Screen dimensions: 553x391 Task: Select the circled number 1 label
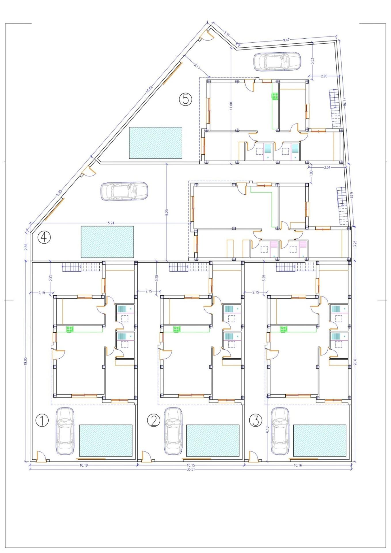[x=42, y=421]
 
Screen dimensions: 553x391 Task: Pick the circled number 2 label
[x=153, y=421]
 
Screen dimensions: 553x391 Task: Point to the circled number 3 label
[x=256, y=421]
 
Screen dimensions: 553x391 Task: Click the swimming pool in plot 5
[x=155, y=143]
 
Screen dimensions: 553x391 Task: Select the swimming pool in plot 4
[x=107, y=242]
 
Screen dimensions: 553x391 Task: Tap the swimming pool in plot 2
[x=213, y=440]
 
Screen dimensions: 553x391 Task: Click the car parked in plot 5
[x=277, y=61]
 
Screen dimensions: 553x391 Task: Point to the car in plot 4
[x=124, y=191]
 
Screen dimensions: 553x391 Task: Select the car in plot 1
[x=65, y=431]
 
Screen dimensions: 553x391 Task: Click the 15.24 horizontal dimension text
[x=111, y=223]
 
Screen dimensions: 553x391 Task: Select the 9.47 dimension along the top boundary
[x=286, y=40]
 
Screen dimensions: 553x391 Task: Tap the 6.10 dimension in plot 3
[x=267, y=431]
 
